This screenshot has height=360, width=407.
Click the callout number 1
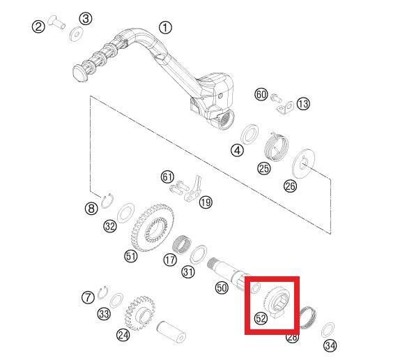(165, 28)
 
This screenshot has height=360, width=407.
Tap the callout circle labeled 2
(38, 27)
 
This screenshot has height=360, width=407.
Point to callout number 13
(303, 104)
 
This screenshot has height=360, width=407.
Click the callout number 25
(264, 168)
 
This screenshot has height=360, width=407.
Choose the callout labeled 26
(289, 186)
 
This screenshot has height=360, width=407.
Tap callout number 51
(130, 256)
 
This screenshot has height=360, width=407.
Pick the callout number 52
(261, 318)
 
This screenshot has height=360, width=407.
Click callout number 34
(330, 345)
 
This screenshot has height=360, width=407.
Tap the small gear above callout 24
(143, 308)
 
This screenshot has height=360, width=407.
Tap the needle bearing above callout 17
(183, 243)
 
